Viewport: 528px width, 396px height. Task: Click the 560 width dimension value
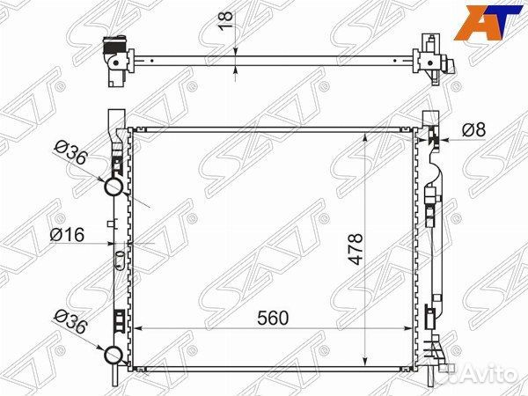tap(273, 318)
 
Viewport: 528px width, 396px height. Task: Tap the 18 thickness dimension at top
tap(226, 21)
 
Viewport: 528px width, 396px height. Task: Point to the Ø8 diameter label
tap(473, 129)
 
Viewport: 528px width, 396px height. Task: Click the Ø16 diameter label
tap(67, 234)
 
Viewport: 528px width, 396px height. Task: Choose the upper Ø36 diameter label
tap(71, 152)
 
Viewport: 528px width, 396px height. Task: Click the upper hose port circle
tap(114, 187)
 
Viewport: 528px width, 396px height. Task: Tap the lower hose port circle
tap(114, 355)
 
